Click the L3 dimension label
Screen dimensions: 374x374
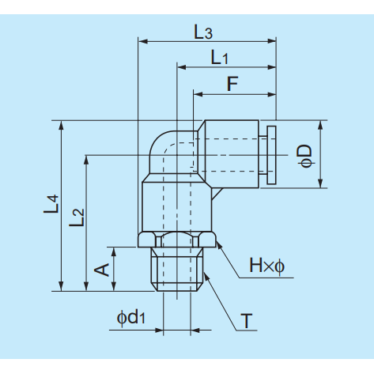[203, 32]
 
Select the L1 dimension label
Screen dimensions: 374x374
[219, 58]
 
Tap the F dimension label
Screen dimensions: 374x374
[232, 84]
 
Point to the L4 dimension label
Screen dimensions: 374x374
[51, 204]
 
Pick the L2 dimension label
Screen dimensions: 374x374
[77, 217]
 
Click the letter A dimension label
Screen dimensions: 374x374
[102, 270]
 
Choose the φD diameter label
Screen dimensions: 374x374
[304, 156]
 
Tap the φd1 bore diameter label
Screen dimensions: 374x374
[131, 318]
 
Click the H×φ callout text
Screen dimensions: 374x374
[266, 266]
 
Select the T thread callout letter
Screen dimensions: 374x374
[247, 321]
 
